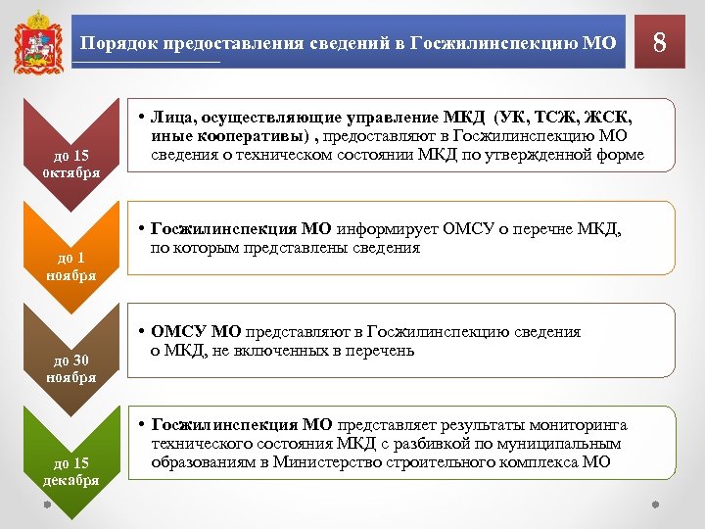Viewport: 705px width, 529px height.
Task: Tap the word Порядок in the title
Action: [114, 43]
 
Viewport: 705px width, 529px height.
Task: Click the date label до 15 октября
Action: [70, 165]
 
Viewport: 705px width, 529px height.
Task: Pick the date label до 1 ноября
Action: [70, 266]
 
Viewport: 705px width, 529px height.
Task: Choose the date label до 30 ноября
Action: [70, 368]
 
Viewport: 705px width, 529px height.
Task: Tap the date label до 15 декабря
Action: [70, 471]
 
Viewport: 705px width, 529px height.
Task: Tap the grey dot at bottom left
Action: [47, 505]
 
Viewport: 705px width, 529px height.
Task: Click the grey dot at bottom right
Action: [656, 505]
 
